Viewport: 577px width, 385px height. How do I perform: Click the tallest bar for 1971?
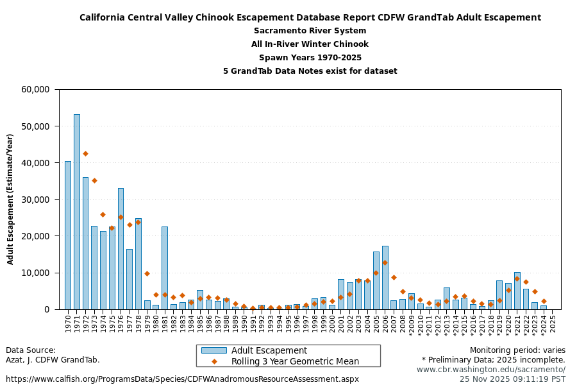[x=77, y=212]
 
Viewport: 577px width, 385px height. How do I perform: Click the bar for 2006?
[x=385, y=277]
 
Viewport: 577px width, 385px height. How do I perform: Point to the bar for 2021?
[x=517, y=291]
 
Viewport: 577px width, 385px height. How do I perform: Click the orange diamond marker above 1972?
[x=85, y=154]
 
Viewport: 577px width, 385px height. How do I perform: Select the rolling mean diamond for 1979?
[x=147, y=274]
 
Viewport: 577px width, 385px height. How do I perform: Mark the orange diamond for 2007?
[x=394, y=278]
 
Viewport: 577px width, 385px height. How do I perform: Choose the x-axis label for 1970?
[x=68, y=322]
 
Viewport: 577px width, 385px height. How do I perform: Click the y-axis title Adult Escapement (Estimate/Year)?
[x=10, y=199]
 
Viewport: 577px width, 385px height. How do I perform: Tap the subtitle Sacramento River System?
[x=310, y=31]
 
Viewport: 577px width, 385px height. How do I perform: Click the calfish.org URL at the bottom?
[x=182, y=379]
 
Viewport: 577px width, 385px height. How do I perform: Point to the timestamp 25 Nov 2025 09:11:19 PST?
[x=512, y=379]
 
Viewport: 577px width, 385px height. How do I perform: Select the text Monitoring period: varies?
[x=517, y=350]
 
